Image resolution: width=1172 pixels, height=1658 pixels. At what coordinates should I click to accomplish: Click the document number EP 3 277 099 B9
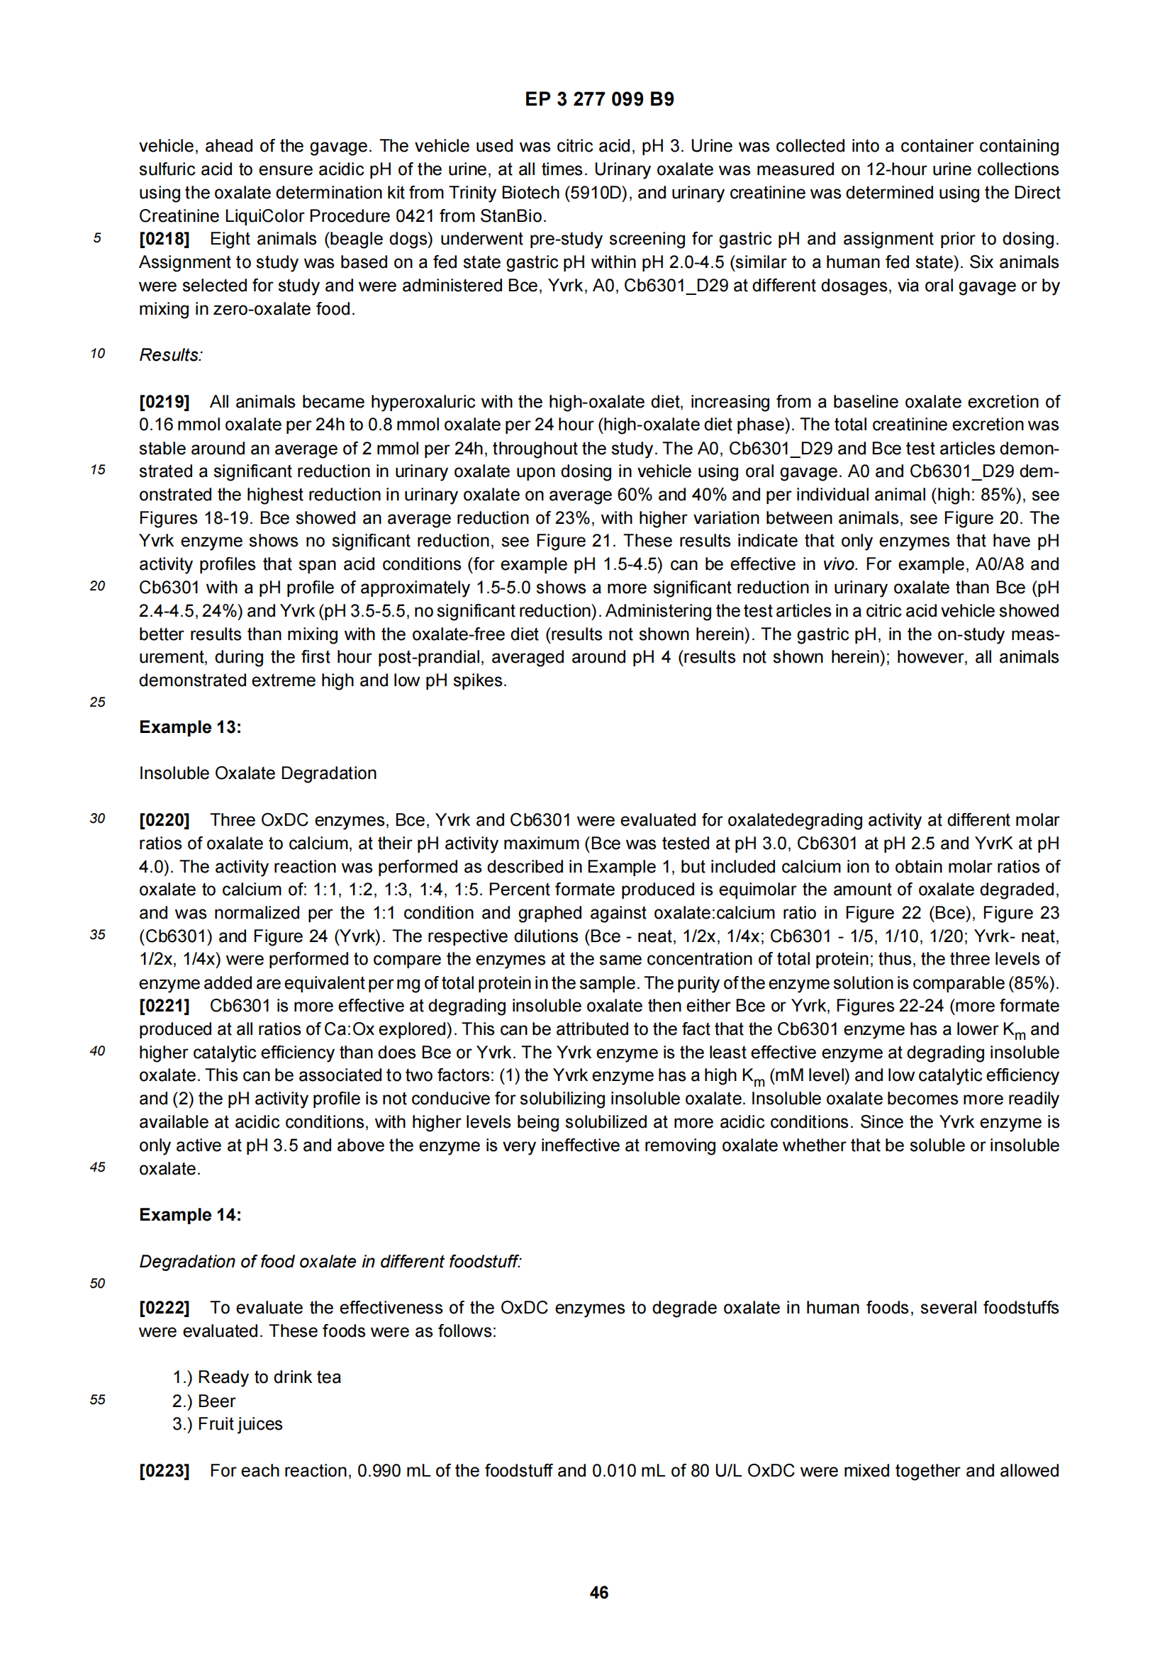pos(598,99)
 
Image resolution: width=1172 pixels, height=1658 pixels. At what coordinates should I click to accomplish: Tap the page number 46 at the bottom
pos(598,1591)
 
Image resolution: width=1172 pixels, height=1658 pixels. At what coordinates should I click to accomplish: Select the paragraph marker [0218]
pos(164,239)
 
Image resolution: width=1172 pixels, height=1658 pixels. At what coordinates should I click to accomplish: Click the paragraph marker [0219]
pos(164,401)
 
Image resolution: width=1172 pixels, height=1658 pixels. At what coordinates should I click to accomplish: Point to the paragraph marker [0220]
pos(164,819)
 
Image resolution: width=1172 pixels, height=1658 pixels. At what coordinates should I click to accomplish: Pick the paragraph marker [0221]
pos(164,1006)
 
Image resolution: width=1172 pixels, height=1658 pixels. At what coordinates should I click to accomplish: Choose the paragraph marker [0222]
pos(164,1308)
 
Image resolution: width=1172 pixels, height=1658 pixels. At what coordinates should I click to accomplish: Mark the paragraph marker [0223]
pos(164,1471)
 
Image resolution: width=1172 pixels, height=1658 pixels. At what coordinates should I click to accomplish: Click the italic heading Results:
pos(171,355)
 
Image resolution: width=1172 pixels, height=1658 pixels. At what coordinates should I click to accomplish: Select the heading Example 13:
pos(190,727)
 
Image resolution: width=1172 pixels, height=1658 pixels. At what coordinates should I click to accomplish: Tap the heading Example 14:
pos(190,1215)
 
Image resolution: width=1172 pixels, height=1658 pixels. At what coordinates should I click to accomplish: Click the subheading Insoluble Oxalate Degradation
pos(258,773)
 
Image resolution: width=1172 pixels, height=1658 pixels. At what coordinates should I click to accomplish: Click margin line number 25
pos(97,702)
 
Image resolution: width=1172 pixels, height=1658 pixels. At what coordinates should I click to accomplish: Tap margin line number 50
pos(97,1283)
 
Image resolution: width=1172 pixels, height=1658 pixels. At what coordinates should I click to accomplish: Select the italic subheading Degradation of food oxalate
pos(330,1262)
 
